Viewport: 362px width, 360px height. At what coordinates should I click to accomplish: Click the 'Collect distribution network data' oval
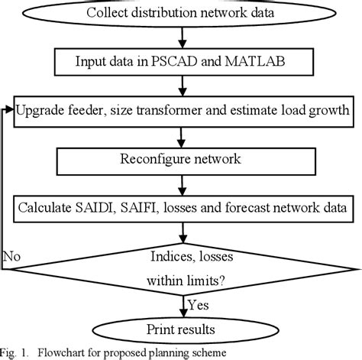pos(181,13)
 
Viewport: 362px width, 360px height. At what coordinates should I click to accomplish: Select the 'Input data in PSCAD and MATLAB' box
pos(181,61)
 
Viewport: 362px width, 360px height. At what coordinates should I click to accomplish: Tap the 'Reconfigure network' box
pos(180,159)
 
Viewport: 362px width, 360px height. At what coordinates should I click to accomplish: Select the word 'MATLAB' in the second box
pos(260,61)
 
